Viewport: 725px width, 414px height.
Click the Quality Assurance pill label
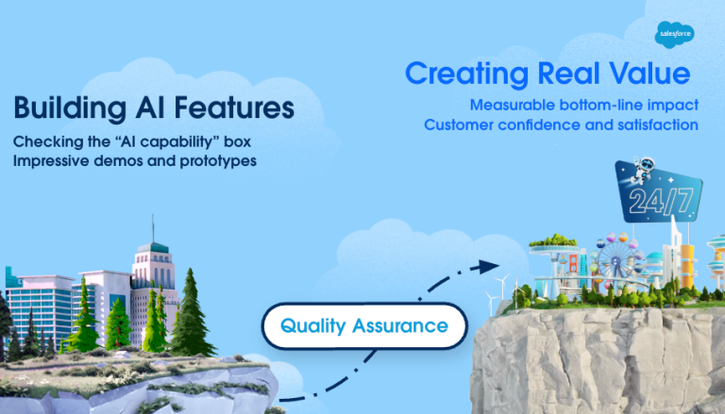pyautogui.click(x=363, y=326)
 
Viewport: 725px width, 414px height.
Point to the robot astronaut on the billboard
pyautogui.click(x=632, y=172)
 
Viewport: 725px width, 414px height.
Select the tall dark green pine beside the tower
pyautogui.click(x=192, y=306)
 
